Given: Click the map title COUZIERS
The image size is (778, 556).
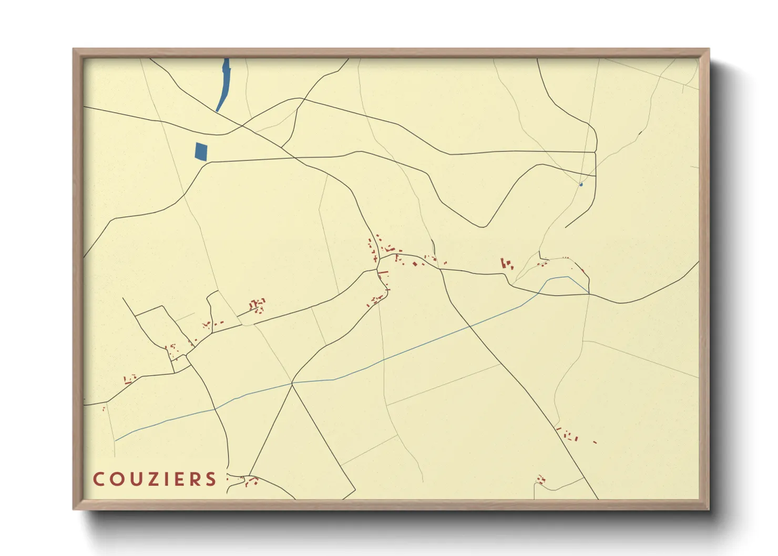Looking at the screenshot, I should (x=155, y=479).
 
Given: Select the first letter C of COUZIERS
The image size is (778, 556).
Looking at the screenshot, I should (x=98, y=479).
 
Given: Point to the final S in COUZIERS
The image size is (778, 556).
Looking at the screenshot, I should (x=211, y=479).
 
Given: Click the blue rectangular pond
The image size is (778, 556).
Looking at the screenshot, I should (x=201, y=151).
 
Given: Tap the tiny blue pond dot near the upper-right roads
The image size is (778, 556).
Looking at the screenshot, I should (x=581, y=184).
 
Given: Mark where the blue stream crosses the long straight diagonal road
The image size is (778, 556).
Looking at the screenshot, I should (x=469, y=326).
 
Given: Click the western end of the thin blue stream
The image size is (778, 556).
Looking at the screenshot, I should (x=116, y=440).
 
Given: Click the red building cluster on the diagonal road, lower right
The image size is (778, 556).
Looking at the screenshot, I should (x=568, y=435).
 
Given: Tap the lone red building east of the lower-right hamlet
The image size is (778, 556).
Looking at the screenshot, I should (x=595, y=442).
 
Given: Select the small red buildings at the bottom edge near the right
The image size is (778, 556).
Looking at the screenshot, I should (x=540, y=479).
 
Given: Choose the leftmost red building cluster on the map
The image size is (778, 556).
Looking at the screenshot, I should (x=129, y=378).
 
